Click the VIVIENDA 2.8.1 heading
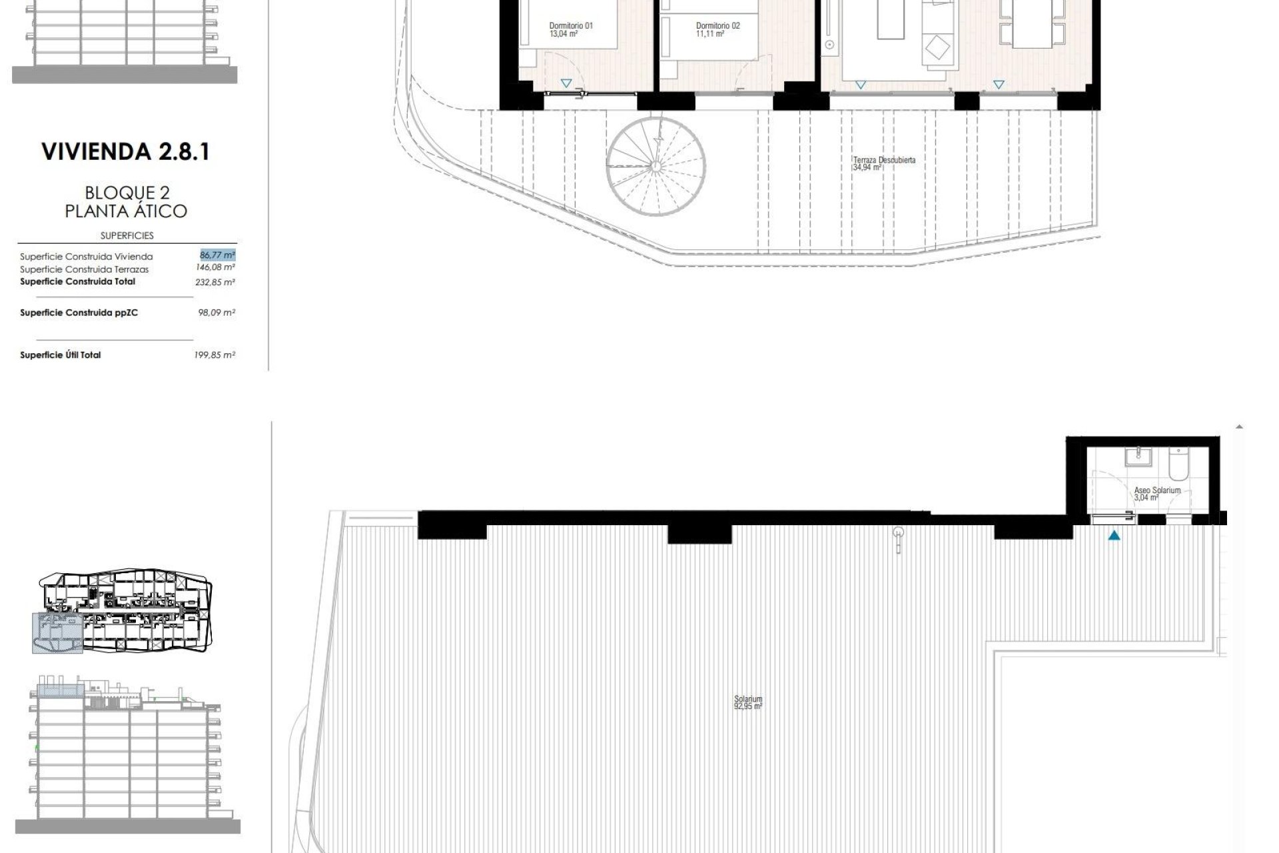(x=125, y=152)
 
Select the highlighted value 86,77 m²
(x=217, y=255)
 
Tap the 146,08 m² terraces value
(x=215, y=267)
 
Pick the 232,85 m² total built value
(x=215, y=282)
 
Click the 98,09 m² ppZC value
(x=216, y=312)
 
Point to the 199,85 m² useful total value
(x=214, y=355)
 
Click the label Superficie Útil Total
(x=61, y=355)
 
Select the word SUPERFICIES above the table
(x=127, y=235)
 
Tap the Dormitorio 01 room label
(x=571, y=26)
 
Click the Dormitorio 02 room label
(x=717, y=26)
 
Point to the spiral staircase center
(x=656, y=166)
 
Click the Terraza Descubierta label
(x=884, y=160)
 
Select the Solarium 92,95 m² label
(x=747, y=702)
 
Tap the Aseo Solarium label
(x=1157, y=490)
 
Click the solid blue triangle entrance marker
(x=1114, y=535)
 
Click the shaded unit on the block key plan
(x=57, y=632)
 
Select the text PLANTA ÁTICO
(x=126, y=211)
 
